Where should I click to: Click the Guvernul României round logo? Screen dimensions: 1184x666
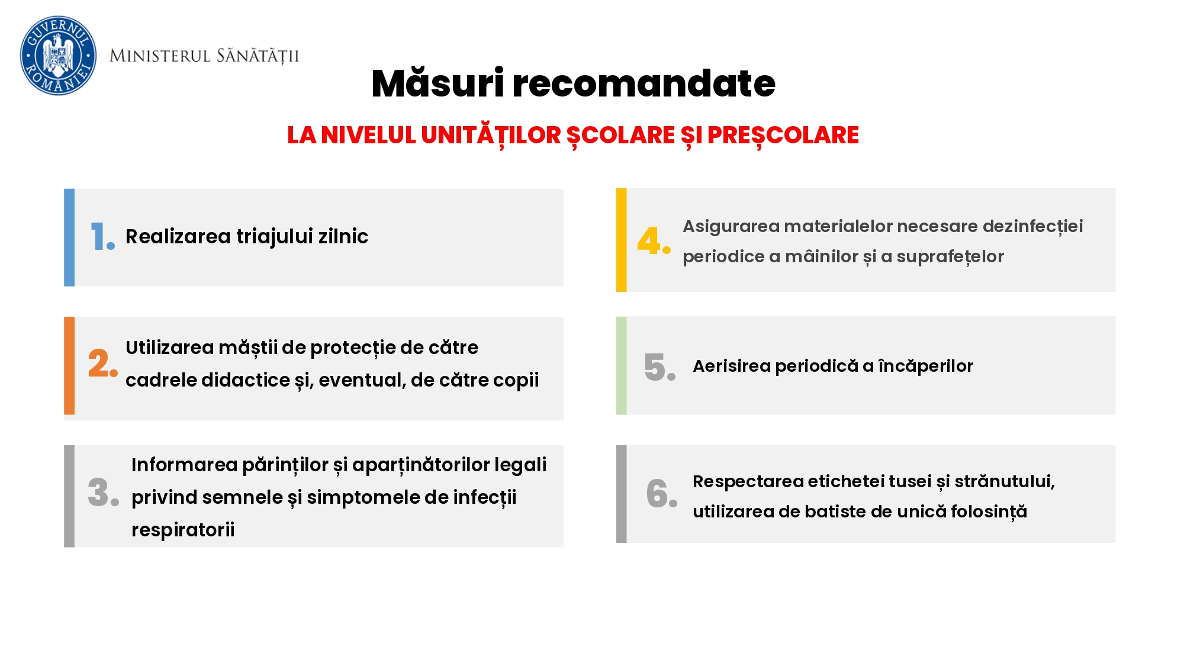[58, 56]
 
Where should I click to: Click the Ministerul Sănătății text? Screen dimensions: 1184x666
[204, 56]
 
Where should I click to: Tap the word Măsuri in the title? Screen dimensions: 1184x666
[437, 83]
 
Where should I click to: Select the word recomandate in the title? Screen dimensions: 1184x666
[644, 83]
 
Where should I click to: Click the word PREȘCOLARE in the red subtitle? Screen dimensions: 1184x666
[783, 136]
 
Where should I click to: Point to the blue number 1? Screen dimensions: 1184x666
[102, 236]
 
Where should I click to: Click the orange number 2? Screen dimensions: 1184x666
[103, 363]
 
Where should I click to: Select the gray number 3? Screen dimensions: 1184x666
[104, 492]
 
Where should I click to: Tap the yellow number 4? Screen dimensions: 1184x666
[654, 240]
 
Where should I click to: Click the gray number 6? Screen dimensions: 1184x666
[662, 493]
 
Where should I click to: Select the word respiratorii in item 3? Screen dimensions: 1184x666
[183, 530]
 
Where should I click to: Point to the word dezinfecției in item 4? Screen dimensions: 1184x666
[1032, 227]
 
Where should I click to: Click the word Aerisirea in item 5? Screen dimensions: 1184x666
[731, 366]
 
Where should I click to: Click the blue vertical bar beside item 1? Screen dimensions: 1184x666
[69, 237]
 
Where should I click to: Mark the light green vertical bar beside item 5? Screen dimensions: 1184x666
[621, 365]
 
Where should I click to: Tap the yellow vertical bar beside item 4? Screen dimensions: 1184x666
[621, 240]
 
